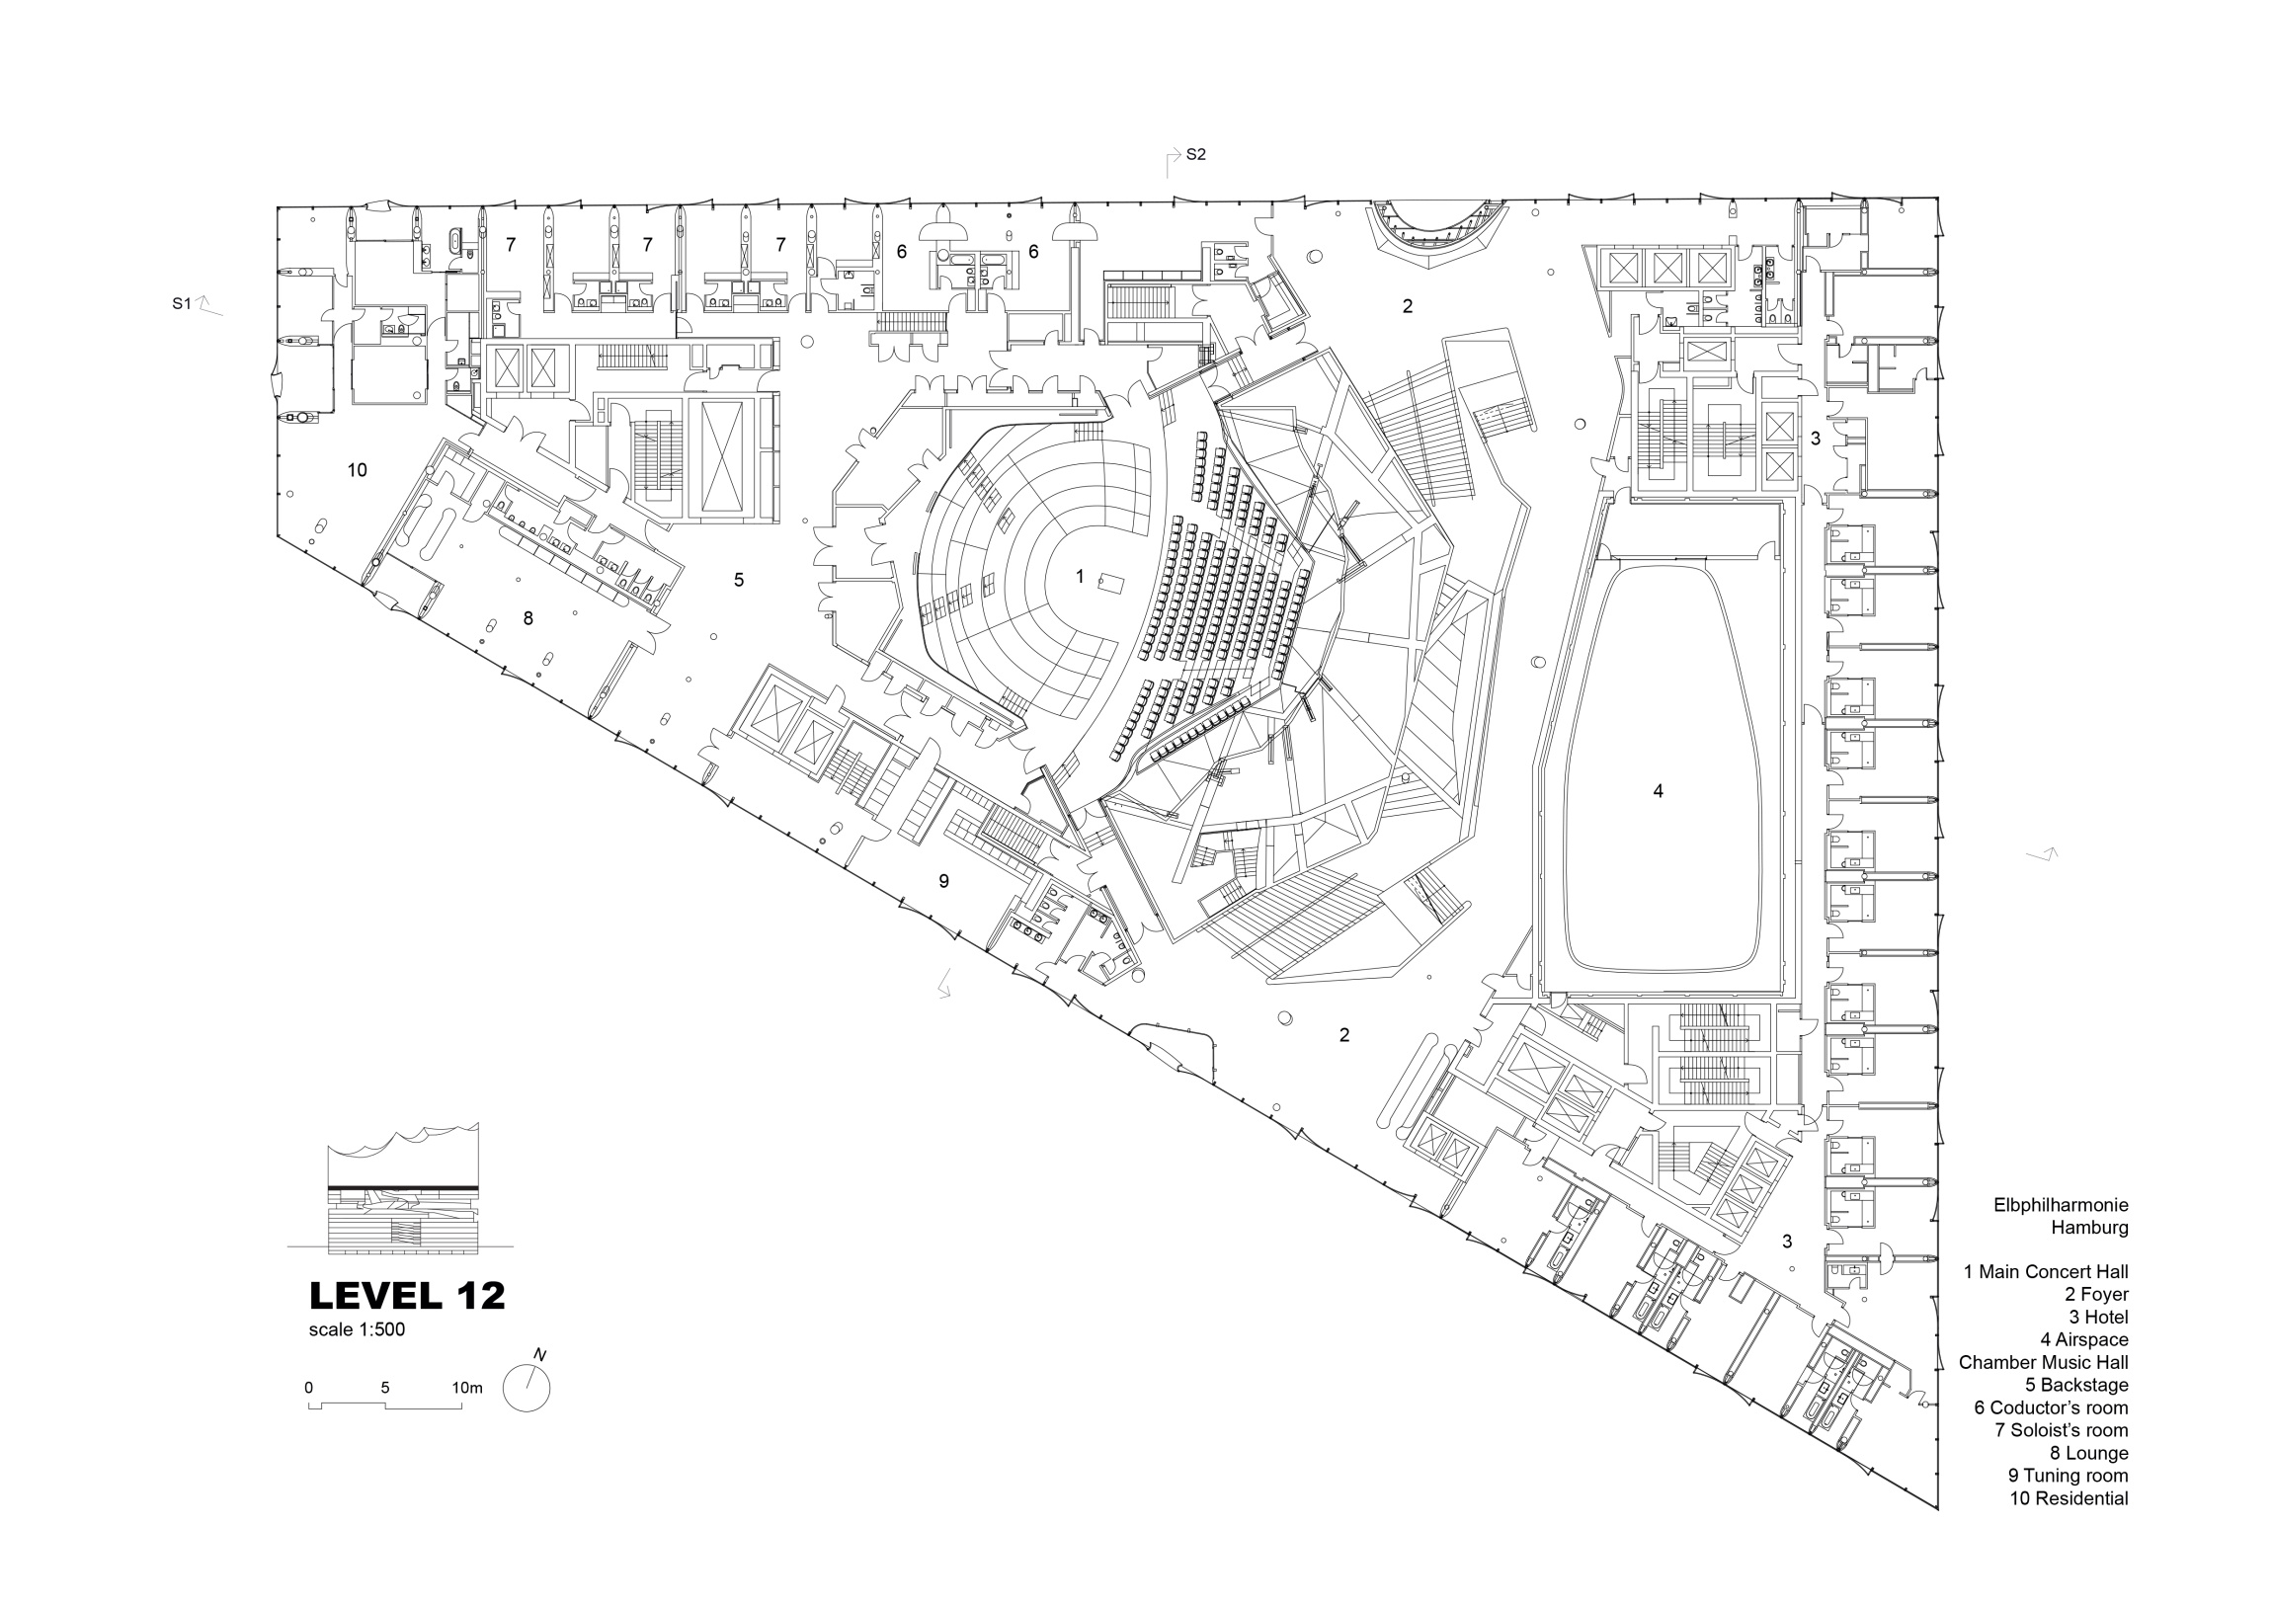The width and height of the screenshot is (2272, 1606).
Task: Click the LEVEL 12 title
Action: pyautogui.click(x=407, y=1295)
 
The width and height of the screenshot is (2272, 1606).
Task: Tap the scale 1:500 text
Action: pyautogui.click(x=357, y=1329)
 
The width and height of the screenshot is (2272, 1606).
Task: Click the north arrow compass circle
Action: pyautogui.click(x=527, y=1388)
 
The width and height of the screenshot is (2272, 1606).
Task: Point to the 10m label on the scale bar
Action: pyautogui.click(x=467, y=1388)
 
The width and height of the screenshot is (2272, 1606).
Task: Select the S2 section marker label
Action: pyautogui.click(x=1195, y=154)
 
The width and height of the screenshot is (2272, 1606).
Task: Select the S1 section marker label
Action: pyautogui.click(x=181, y=304)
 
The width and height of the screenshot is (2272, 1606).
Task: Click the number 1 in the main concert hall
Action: pyautogui.click(x=1081, y=576)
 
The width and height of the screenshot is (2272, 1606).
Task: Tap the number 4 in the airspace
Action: pyautogui.click(x=1659, y=789)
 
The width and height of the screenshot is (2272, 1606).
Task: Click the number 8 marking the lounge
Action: pyautogui.click(x=528, y=618)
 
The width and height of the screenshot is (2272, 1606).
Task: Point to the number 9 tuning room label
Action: pyautogui.click(x=944, y=881)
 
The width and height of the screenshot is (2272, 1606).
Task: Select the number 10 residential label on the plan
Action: pyautogui.click(x=358, y=470)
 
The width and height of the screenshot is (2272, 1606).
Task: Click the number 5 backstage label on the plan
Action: pyautogui.click(x=739, y=580)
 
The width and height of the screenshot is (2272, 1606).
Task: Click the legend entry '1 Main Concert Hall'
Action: pyautogui.click(x=2047, y=1271)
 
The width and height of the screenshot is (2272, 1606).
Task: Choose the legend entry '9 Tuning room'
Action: pyautogui.click(x=2069, y=1476)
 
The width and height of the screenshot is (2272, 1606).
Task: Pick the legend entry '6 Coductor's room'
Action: pyautogui.click(x=2052, y=1407)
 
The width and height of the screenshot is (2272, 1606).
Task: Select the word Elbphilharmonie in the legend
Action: pyautogui.click(x=2062, y=1205)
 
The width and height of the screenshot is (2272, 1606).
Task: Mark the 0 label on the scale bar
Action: pyautogui.click(x=309, y=1388)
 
